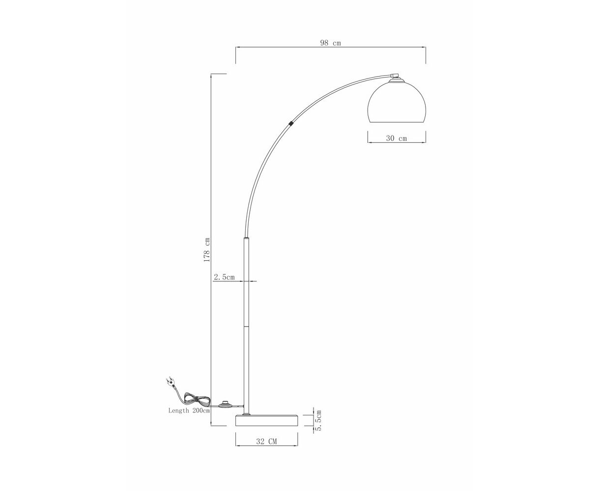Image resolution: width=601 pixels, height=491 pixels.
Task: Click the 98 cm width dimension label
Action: (x=330, y=43)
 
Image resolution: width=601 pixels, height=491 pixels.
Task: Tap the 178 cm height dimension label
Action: (x=207, y=250)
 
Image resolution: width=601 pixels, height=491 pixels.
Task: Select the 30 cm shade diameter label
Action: (x=397, y=138)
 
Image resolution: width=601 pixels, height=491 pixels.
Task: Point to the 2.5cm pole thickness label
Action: (x=224, y=277)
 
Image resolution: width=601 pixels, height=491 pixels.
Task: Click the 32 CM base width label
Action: (x=266, y=441)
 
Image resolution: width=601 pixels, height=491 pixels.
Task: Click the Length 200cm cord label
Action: (x=189, y=410)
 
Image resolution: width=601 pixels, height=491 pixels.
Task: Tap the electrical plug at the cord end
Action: (x=170, y=382)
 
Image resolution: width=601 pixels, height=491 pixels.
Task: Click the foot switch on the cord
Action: (x=225, y=405)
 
